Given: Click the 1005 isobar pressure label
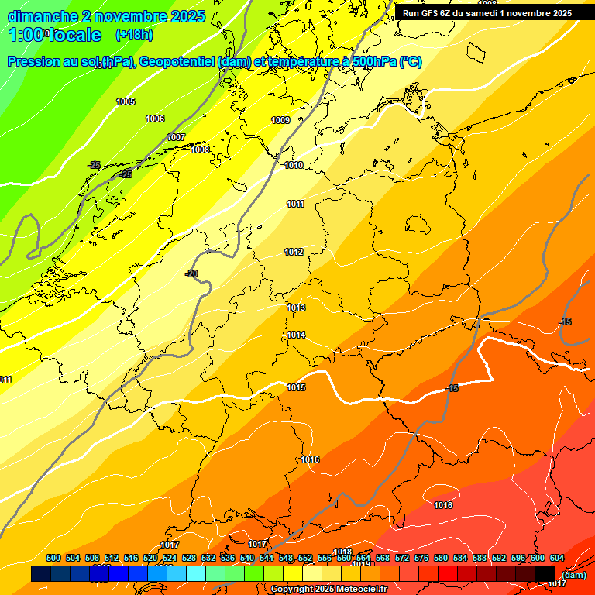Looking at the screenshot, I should point(126,102).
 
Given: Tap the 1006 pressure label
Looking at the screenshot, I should point(155,119).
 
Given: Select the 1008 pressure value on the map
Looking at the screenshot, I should point(200,150).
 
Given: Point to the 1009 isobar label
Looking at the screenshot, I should point(280,120).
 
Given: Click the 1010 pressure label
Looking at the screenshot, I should point(294,165).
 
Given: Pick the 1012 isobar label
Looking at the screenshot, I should point(294,252).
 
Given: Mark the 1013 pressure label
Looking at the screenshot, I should point(296,308).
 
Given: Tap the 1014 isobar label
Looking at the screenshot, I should point(296,335).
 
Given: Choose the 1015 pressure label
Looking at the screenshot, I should point(296,387).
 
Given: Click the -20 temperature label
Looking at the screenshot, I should point(191,273).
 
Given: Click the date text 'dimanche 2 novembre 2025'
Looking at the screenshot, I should point(106,16).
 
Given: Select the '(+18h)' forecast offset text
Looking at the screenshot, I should point(133,35).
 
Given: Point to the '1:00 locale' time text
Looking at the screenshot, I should point(54,35).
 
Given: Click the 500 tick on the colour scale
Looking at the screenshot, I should point(53,558).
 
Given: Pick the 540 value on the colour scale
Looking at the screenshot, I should point(247,558).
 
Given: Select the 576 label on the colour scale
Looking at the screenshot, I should point(421,558).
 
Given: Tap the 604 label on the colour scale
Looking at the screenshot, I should point(557,558).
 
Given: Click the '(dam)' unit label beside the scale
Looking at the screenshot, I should point(573,574).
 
